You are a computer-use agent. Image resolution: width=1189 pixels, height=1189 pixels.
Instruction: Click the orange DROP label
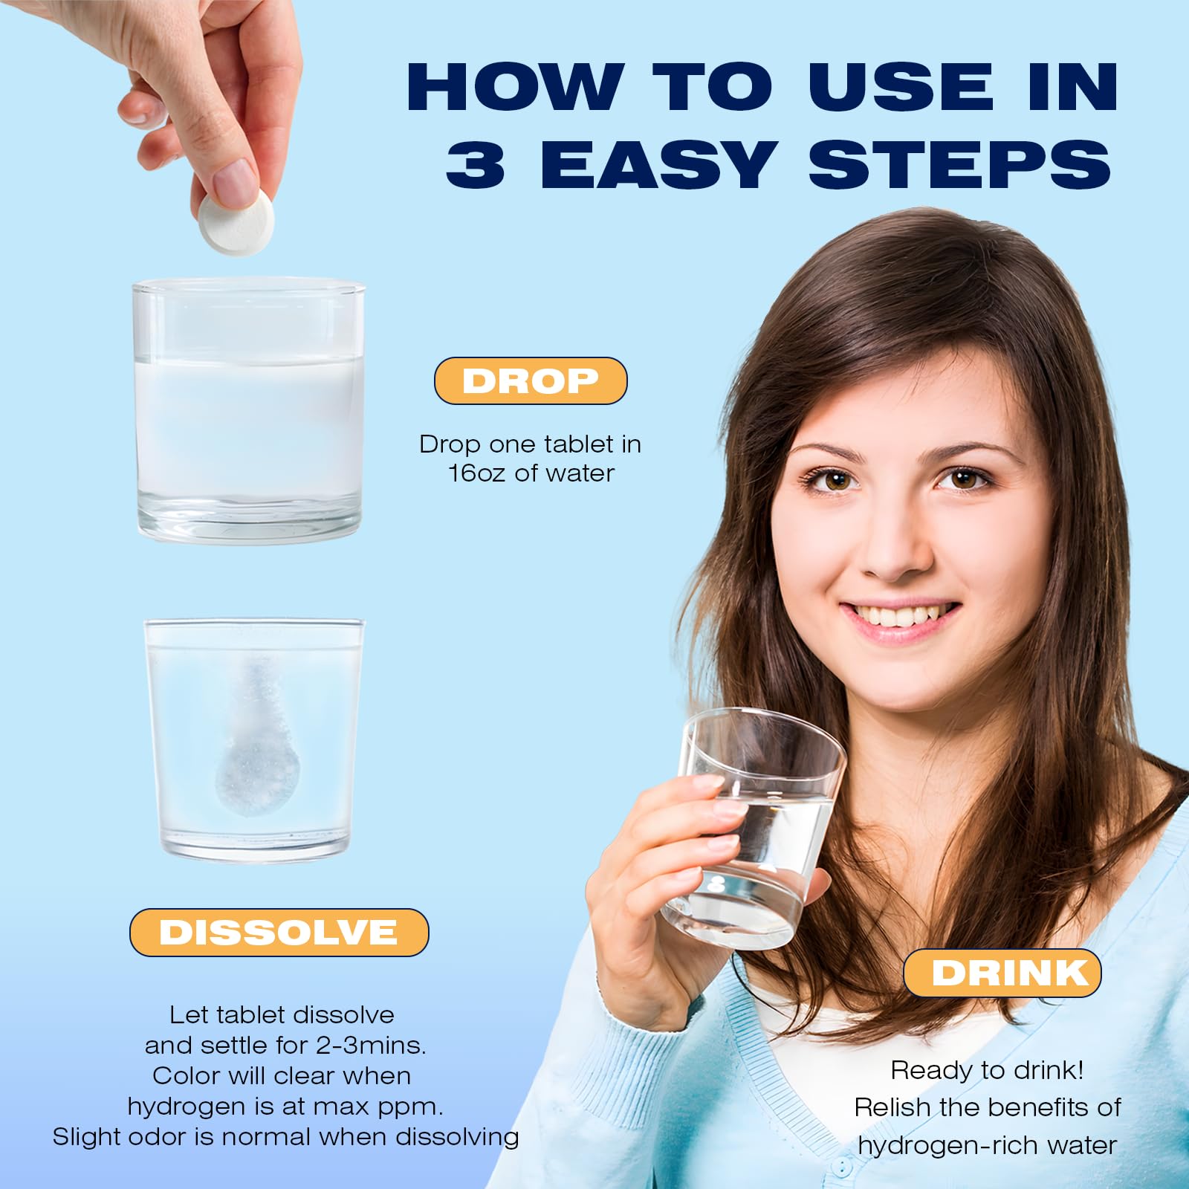[531, 380]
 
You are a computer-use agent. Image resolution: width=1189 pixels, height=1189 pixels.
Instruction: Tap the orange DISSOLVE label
[279, 932]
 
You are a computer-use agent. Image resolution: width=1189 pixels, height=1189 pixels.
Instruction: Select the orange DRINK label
[1002, 973]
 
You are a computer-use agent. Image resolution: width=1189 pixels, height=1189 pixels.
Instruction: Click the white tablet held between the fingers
[236, 220]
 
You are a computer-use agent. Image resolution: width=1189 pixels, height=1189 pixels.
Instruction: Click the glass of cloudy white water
[249, 410]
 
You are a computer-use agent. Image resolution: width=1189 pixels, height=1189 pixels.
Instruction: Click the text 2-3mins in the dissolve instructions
[371, 1046]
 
